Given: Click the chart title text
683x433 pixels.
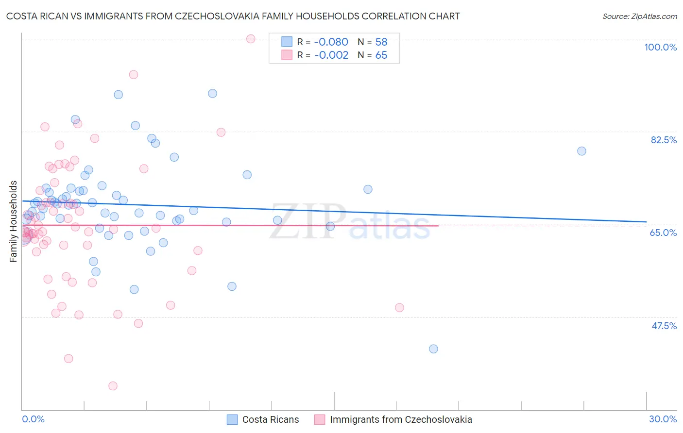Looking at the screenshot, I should [233, 16].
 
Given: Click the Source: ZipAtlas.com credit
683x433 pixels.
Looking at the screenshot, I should [639, 16].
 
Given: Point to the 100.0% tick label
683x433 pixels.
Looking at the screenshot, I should [660, 47].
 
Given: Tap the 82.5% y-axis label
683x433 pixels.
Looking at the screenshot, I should [664, 140].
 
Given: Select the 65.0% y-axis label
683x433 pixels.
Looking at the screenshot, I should [663, 233].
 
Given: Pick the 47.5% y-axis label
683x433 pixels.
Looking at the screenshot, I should [664, 326].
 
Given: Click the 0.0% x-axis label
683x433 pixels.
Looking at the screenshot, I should [33, 419].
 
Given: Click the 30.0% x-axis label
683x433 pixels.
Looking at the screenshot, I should [663, 419].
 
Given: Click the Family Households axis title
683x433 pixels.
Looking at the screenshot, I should [14, 221].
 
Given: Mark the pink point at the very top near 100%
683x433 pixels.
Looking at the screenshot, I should [251, 39].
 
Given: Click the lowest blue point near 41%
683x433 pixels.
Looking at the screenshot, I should [433, 349].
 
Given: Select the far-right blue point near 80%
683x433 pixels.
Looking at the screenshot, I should [581, 151].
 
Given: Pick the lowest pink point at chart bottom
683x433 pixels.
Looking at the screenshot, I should [113, 386].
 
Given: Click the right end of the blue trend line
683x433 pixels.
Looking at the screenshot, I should [646, 222].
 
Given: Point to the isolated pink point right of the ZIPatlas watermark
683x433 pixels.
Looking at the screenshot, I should [399, 307].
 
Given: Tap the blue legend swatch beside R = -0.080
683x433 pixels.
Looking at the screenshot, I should [287, 42].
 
